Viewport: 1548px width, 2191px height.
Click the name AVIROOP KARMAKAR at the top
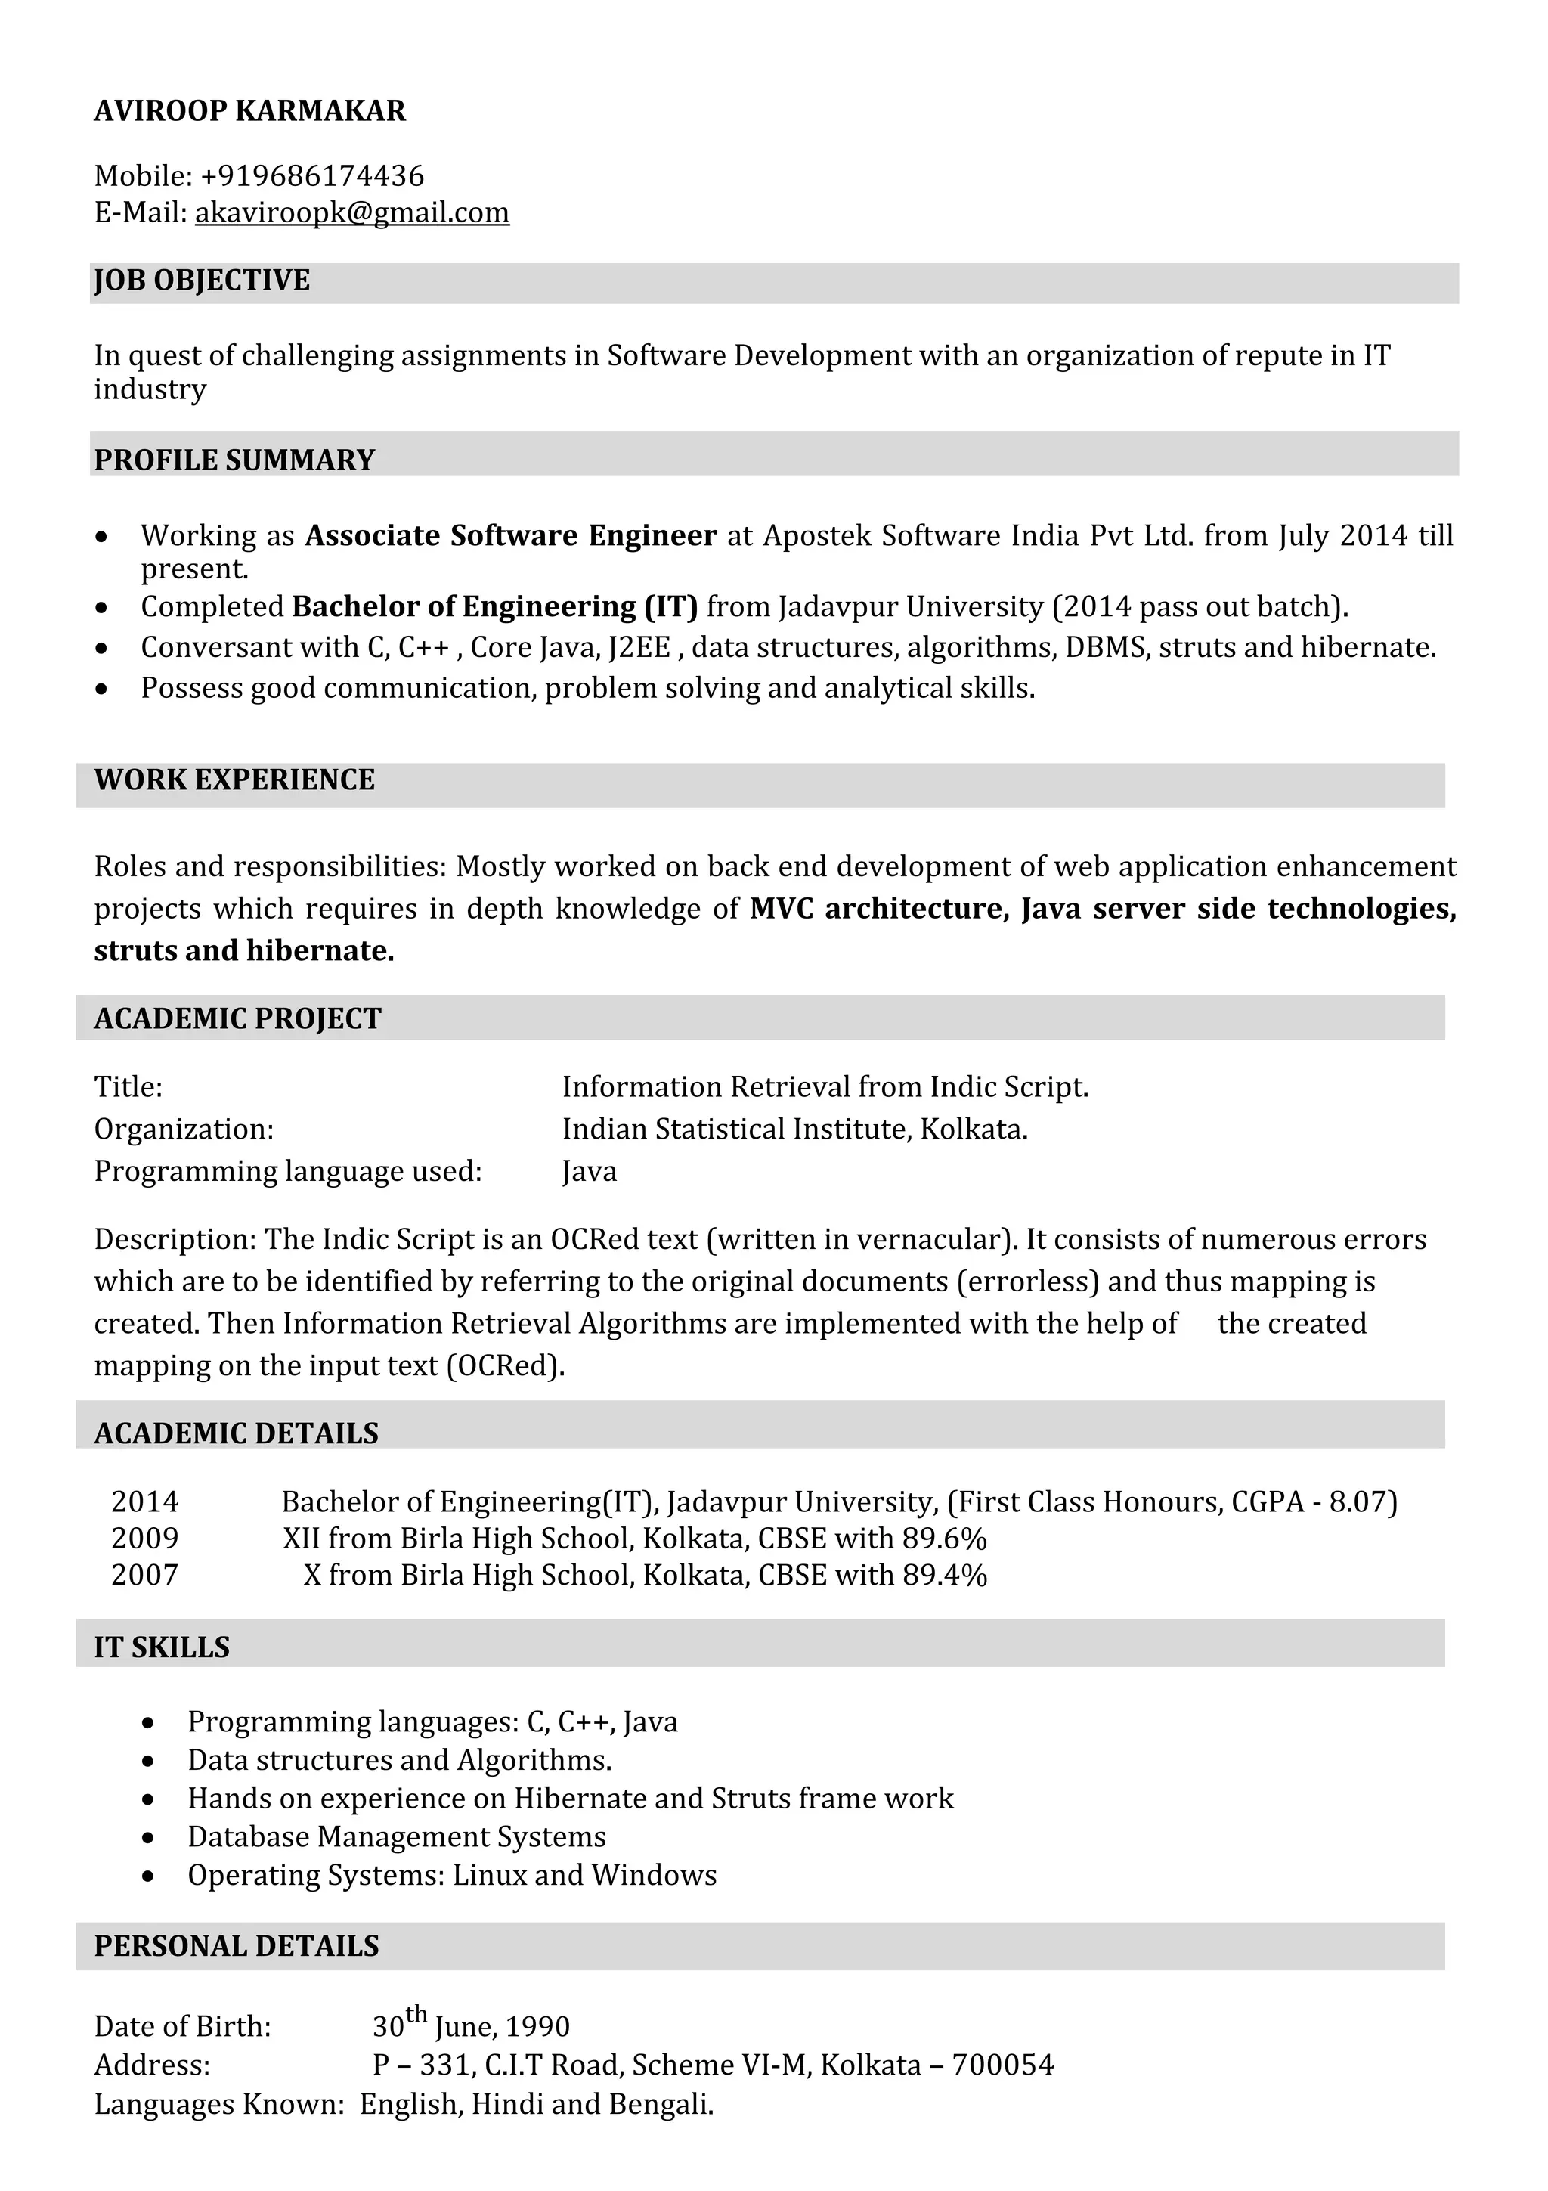[x=250, y=112]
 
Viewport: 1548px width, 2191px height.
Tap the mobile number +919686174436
[x=313, y=177]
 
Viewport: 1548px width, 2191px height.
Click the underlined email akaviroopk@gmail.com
[x=352, y=212]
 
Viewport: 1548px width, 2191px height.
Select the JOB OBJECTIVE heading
[x=203, y=280]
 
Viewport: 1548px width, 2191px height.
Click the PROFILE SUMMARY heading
[x=234, y=460]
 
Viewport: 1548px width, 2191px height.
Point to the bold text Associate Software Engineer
[x=510, y=535]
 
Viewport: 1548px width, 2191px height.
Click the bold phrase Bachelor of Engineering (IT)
[x=495, y=607]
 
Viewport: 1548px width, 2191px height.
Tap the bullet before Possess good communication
[x=102, y=689]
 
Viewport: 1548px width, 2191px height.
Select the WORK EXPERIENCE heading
[x=234, y=779]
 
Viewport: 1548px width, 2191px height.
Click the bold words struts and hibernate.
[x=244, y=950]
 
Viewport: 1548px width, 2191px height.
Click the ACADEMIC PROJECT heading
[x=237, y=1019]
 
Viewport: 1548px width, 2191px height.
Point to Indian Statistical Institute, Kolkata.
[x=794, y=1130]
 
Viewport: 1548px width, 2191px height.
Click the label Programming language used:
[x=288, y=1172]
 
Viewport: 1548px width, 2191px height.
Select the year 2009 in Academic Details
[x=145, y=1539]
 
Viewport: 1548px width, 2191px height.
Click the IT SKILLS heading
[x=163, y=1648]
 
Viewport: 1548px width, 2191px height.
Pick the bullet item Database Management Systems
[x=397, y=1837]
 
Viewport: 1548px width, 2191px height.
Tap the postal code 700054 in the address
[x=1002, y=2065]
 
